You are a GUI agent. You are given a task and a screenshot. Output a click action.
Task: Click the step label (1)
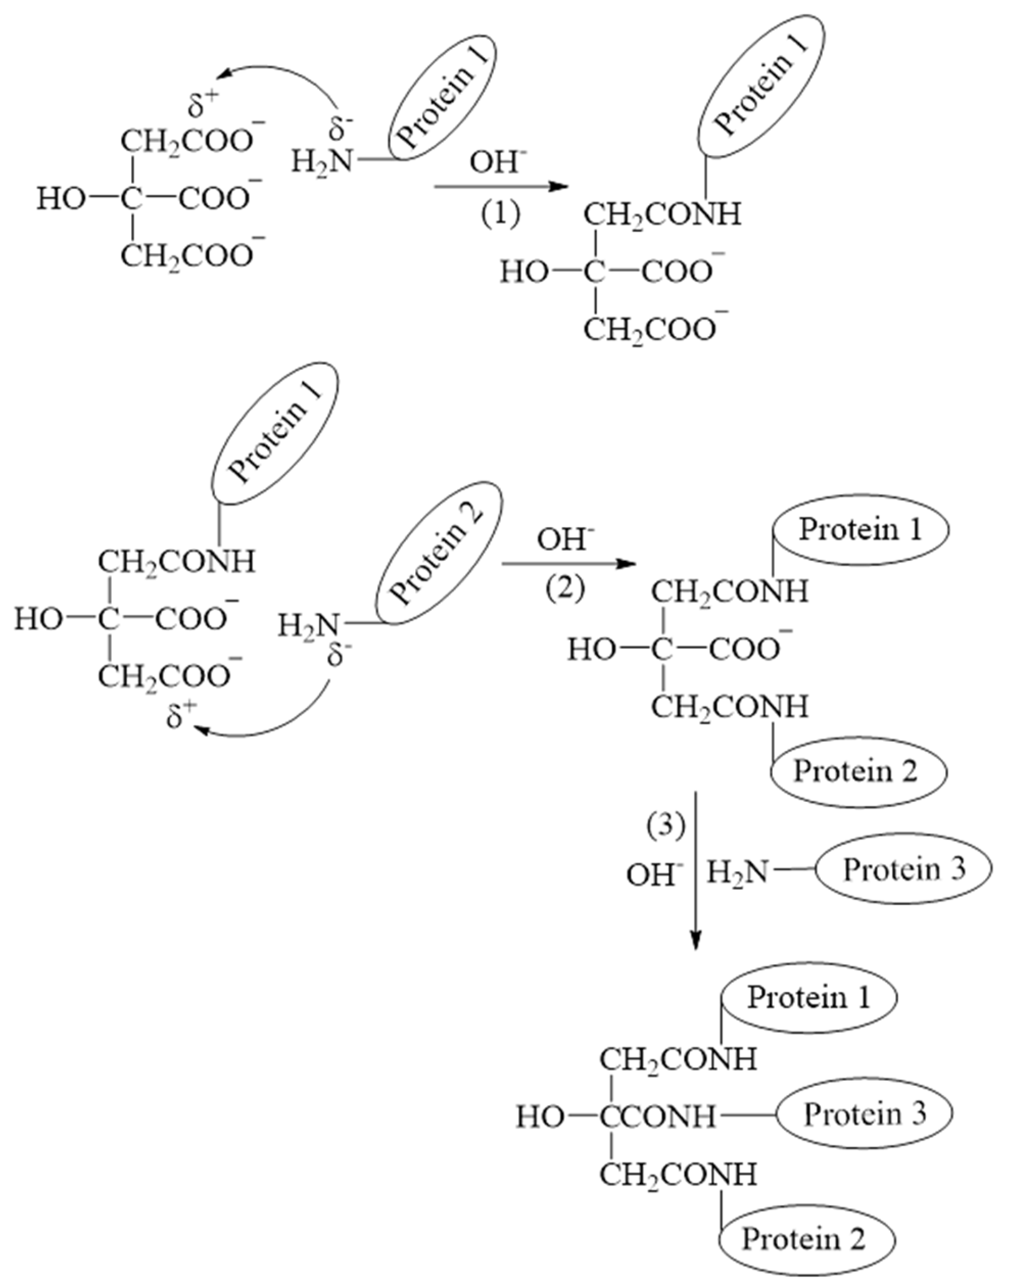(x=500, y=214)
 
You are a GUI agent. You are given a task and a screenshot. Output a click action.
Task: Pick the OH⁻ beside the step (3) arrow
(x=655, y=875)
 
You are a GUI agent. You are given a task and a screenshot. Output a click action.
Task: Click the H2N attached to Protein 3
(x=738, y=871)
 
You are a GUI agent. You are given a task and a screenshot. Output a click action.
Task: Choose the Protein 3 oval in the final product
(x=864, y=1114)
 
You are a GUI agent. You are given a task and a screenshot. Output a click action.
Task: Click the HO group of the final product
(x=540, y=1117)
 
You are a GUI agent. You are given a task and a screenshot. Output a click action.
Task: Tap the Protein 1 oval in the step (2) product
(x=860, y=530)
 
